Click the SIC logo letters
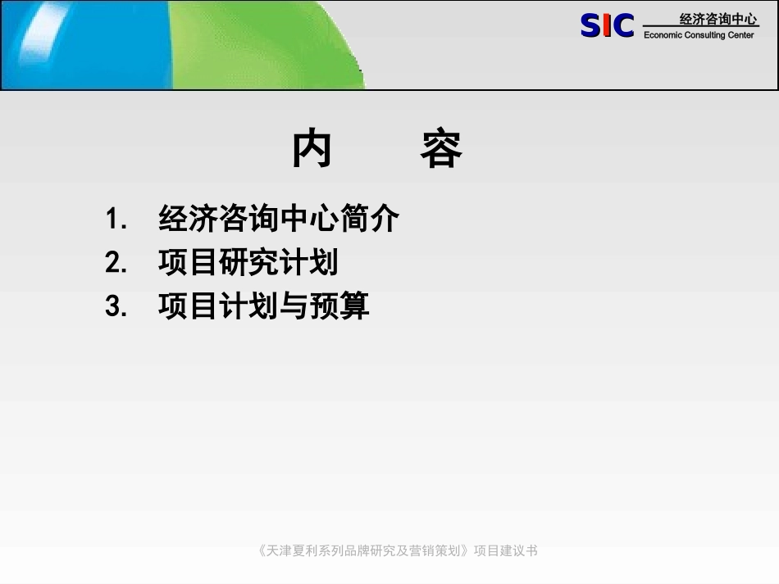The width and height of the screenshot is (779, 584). click(607, 25)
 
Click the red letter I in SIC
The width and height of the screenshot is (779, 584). click(607, 25)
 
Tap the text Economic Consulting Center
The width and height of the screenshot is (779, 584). click(699, 35)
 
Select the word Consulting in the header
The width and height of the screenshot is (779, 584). click(705, 35)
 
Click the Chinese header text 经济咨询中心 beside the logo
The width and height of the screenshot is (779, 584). click(718, 20)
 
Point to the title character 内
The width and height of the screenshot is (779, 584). click(312, 148)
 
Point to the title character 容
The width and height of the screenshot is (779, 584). click(441, 149)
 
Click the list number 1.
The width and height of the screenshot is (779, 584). click(116, 219)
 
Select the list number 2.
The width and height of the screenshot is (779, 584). click(116, 262)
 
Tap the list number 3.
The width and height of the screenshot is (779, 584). click(116, 306)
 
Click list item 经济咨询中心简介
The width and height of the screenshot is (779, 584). click(279, 218)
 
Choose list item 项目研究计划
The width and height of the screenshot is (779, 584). click(248, 261)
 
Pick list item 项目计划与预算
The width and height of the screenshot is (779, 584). click(264, 306)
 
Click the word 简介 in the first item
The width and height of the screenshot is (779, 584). click(369, 218)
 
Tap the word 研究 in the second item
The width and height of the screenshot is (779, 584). click(248, 261)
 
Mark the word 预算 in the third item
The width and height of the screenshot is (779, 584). click(339, 306)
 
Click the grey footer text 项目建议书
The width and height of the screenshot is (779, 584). click(506, 550)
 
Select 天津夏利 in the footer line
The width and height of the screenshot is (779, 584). click(292, 550)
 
